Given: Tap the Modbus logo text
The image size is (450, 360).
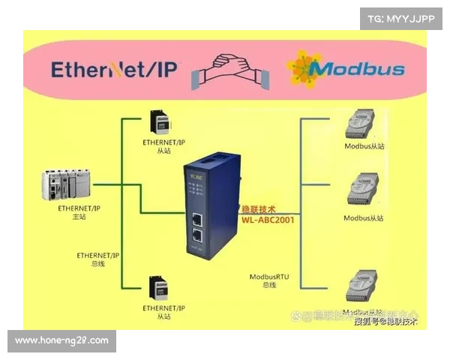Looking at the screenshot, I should [x=357, y=70].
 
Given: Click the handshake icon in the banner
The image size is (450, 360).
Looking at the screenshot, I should [x=231, y=70].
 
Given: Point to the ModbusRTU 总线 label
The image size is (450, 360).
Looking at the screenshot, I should [x=268, y=281].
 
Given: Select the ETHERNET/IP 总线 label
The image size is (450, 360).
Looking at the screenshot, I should [x=98, y=259].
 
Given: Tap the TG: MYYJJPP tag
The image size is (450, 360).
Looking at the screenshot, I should [x=400, y=17].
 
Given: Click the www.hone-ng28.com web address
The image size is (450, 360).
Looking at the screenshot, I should [x=61, y=340].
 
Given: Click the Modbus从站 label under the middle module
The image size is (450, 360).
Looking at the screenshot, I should [x=363, y=218].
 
